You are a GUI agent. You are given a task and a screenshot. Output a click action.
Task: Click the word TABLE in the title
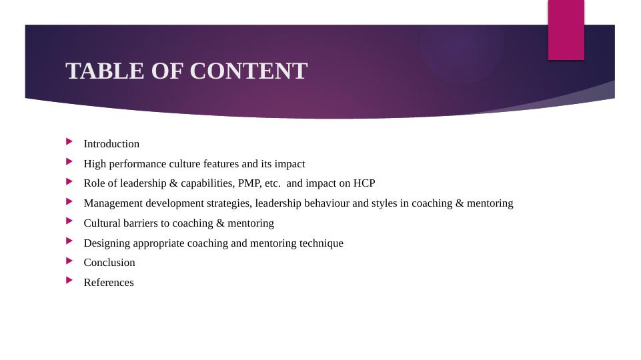(x=105, y=71)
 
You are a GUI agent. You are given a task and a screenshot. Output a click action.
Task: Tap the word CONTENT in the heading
(x=249, y=71)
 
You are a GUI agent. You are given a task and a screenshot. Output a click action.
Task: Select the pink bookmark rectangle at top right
(x=566, y=30)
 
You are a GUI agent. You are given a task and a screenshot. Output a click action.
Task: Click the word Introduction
(x=111, y=144)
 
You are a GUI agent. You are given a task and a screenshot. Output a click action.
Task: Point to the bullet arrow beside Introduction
(x=69, y=141)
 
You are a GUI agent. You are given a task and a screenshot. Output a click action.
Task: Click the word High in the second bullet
(x=95, y=164)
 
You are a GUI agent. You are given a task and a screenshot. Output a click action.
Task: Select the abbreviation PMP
(x=249, y=183)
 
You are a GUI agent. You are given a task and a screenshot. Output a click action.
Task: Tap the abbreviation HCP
(x=364, y=183)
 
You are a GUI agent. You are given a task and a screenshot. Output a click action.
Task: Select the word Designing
(x=107, y=243)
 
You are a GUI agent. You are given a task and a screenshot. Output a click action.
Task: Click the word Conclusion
(x=109, y=263)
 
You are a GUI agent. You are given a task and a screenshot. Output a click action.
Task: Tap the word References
(x=109, y=283)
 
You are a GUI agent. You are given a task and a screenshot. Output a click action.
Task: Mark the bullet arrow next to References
(x=69, y=280)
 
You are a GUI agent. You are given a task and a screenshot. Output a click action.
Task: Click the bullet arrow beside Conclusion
(x=69, y=260)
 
